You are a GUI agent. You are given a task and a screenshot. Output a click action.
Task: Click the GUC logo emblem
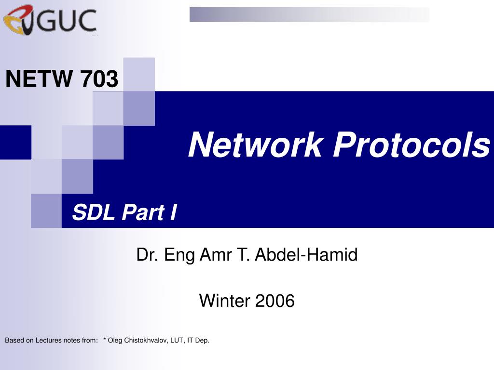click(18, 19)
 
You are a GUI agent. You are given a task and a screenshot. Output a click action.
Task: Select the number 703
click(99, 79)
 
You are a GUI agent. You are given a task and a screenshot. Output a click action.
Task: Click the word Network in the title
click(256, 145)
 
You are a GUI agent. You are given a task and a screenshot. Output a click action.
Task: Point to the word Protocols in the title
click(412, 145)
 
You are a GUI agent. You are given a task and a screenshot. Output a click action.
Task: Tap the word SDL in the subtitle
click(94, 212)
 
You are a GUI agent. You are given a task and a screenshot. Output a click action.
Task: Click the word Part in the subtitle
click(143, 212)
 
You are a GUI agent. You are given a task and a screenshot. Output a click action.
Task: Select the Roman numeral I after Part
click(174, 212)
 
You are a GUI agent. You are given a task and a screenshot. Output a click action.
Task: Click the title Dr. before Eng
click(148, 254)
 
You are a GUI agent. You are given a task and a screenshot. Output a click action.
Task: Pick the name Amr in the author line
click(216, 254)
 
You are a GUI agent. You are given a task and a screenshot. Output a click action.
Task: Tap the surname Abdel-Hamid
click(306, 254)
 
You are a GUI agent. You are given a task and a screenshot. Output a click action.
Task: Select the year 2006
click(274, 301)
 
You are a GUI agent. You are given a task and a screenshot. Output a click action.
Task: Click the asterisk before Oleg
click(105, 339)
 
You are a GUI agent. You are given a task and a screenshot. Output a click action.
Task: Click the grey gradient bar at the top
click(309, 14)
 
